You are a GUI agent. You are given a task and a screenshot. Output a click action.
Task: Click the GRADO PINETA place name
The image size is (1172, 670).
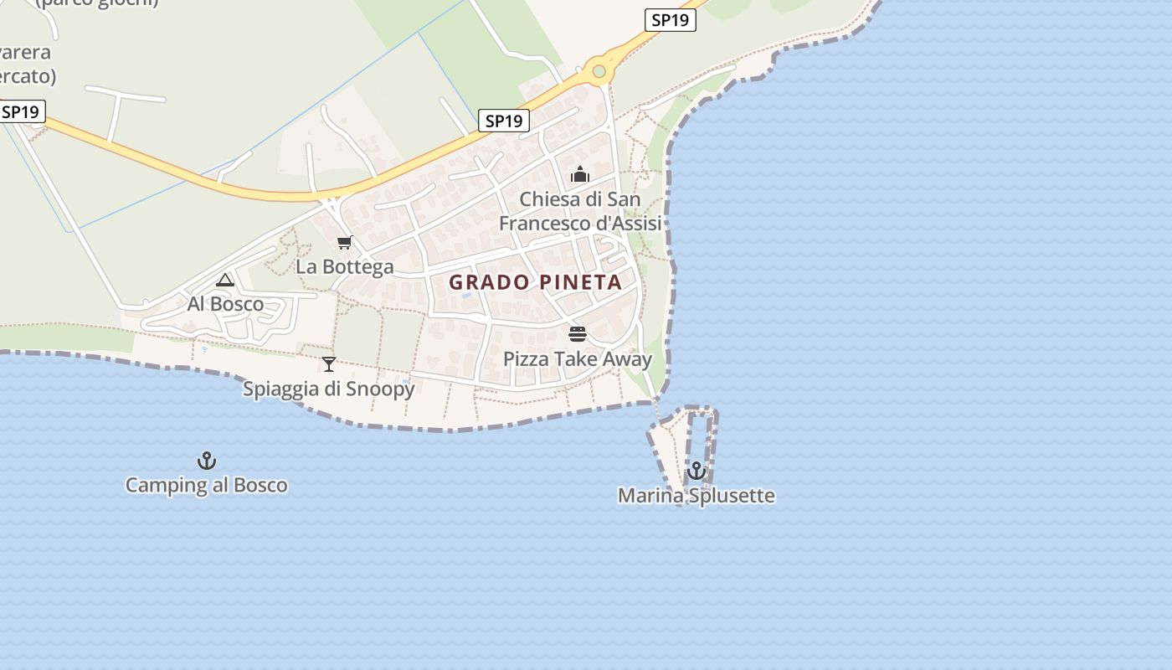click(536, 282)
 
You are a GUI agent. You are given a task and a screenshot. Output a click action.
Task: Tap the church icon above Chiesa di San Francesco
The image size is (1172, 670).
click(580, 174)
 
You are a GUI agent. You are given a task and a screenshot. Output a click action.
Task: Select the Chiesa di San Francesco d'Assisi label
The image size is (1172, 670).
click(580, 211)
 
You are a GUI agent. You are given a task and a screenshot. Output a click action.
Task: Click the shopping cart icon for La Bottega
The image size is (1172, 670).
click(344, 243)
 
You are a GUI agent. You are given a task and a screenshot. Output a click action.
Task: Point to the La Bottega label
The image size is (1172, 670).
click(345, 267)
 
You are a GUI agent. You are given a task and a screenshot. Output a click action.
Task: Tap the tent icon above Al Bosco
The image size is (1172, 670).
click(224, 280)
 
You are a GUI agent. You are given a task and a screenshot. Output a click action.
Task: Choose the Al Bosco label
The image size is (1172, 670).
click(225, 304)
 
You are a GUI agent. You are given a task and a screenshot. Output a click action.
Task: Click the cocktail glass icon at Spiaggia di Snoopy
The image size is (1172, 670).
click(329, 364)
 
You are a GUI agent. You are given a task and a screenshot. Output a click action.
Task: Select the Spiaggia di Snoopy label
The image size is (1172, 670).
click(329, 389)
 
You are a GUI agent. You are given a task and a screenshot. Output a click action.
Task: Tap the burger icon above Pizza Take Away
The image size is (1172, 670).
click(577, 334)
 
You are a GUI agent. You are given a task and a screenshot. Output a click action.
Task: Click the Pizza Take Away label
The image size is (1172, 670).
click(577, 359)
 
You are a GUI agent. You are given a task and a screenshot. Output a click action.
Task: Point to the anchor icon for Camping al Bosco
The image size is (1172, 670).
click(206, 461)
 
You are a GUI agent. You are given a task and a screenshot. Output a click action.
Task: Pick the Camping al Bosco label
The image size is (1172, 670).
click(206, 485)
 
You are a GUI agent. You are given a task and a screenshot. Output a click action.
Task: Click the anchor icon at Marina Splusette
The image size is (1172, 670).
click(697, 471)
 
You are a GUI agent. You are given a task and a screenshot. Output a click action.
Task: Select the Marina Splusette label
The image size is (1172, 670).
click(697, 496)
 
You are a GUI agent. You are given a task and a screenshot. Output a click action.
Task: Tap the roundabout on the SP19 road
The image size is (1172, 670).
click(599, 71)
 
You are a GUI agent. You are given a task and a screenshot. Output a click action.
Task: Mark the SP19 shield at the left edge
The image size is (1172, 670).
click(21, 111)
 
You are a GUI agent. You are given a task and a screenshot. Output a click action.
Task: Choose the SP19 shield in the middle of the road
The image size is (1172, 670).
click(504, 121)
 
